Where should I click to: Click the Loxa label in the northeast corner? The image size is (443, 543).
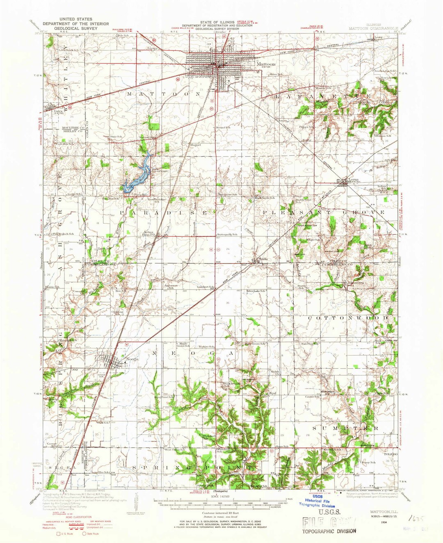pyautogui.click(x=378, y=37)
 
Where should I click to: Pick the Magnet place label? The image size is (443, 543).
pyautogui.click(x=194, y=145)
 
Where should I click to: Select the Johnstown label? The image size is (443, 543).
pyautogui.click(x=355, y=283)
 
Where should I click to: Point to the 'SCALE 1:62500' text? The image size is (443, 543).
pyautogui.click(x=221, y=495)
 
